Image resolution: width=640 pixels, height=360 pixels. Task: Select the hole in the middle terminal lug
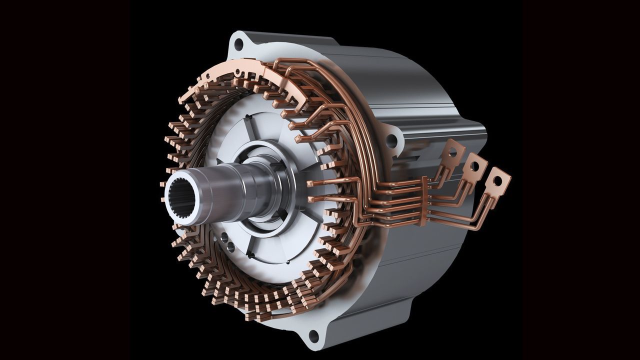(x=476, y=162)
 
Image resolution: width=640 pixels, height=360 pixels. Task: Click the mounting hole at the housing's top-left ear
(x=238, y=44)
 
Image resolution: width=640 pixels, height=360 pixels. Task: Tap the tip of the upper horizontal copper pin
(x=310, y=183)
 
